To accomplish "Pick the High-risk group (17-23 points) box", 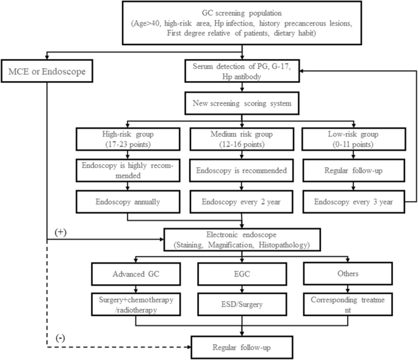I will point(128,140).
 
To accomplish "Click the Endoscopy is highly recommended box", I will point(128,170).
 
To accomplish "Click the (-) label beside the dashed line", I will point(60,337).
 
